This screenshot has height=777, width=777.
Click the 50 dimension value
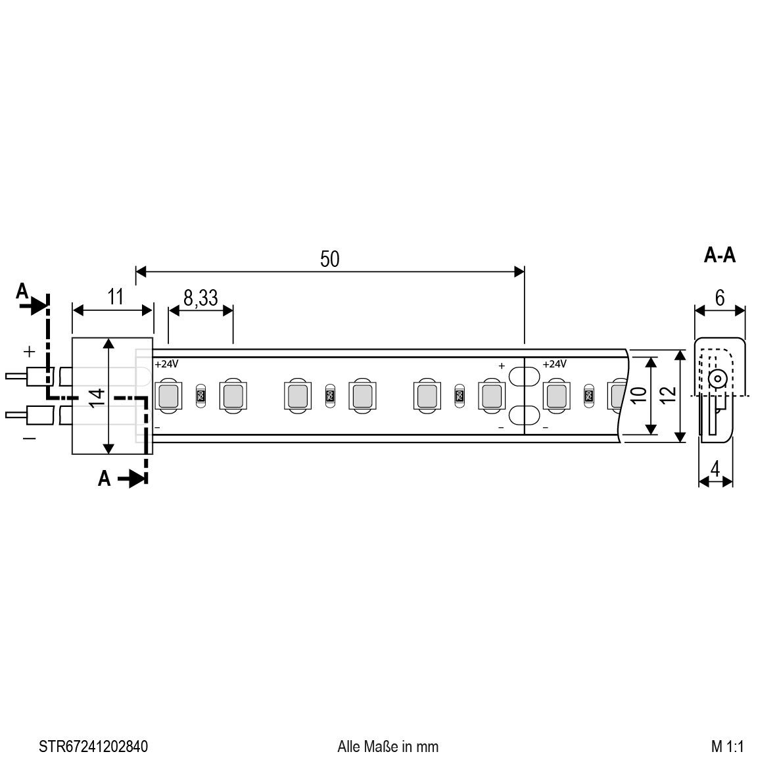(329, 259)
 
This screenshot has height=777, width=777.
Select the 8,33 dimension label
(200, 298)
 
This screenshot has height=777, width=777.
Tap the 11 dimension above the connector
(115, 297)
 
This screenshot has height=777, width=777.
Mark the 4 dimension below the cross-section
(715, 469)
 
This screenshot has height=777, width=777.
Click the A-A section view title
(719, 256)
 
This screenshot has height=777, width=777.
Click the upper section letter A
(22, 291)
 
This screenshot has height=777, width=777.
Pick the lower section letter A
(104, 479)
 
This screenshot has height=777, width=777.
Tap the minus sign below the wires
(30, 438)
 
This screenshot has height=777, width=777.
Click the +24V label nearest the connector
(166, 364)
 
